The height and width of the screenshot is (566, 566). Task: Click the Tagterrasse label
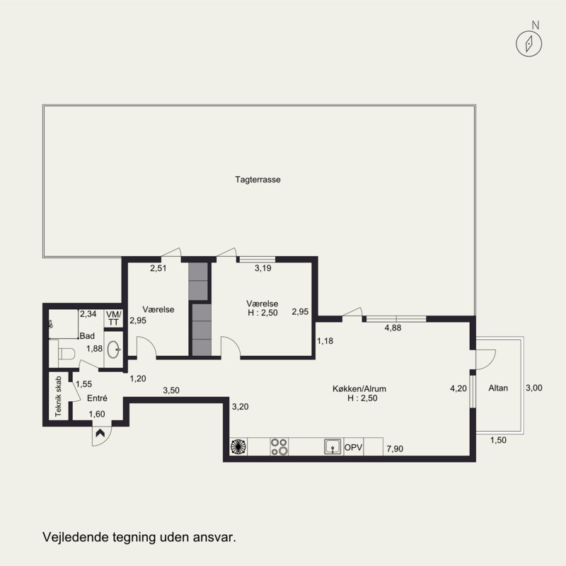[x=258, y=180]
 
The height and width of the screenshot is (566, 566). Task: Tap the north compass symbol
[x=529, y=43]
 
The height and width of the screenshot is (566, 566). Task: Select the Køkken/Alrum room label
[x=359, y=388]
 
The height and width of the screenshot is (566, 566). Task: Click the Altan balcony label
[x=498, y=388]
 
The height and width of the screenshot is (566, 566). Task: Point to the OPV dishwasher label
[x=353, y=448]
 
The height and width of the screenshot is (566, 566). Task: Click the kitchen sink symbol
[x=333, y=446]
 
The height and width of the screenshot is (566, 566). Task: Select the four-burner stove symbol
[x=279, y=446]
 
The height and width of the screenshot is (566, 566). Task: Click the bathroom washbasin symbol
[x=113, y=350]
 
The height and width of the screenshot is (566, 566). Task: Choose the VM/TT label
[x=113, y=318]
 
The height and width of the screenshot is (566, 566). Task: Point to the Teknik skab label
[x=58, y=396]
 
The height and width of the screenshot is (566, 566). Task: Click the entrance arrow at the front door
[x=100, y=432]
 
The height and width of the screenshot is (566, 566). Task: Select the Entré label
[x=97, y=398]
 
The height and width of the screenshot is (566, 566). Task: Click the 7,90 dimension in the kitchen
[x=395, y=449]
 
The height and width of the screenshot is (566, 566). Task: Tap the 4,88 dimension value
[x=393, y=328]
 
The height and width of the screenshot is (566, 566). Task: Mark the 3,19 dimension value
[x=262, y=268]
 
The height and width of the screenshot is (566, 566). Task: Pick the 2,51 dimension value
[x=158, y=268]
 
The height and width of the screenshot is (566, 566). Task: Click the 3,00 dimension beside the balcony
[x=534, y=388]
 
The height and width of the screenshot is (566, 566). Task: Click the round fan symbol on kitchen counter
[x=238, y=446]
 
